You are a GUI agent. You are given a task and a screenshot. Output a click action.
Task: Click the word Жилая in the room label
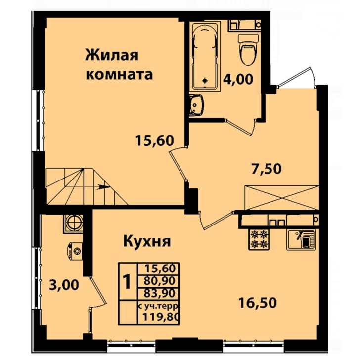coord(112,55)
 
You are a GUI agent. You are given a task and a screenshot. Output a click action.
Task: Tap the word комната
coord(119,74)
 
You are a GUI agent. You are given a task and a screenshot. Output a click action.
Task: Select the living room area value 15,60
coord(154,140)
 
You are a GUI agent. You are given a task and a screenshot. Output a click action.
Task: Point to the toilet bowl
coord(249,49)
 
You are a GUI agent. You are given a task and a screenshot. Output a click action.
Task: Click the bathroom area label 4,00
coord(238,79)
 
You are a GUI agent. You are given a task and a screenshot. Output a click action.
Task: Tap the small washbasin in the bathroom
coord(196,105)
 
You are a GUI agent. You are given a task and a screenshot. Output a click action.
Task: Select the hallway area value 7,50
coord(267,169)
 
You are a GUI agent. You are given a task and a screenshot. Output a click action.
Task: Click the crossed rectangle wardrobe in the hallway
coord(282,197)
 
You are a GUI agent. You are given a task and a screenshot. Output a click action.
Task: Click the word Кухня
coord(147,241)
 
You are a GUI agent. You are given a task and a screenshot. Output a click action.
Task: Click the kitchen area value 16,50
coord(258,303)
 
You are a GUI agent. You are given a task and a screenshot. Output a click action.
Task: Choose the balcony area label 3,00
coord(64,285)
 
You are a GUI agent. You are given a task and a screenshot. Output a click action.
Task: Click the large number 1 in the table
coord(127,281)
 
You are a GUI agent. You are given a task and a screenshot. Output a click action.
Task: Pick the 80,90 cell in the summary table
coord(160,280)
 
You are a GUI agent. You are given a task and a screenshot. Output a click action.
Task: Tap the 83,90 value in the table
coord(160,293)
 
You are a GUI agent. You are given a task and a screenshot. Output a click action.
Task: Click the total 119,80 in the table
coord(161,317)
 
